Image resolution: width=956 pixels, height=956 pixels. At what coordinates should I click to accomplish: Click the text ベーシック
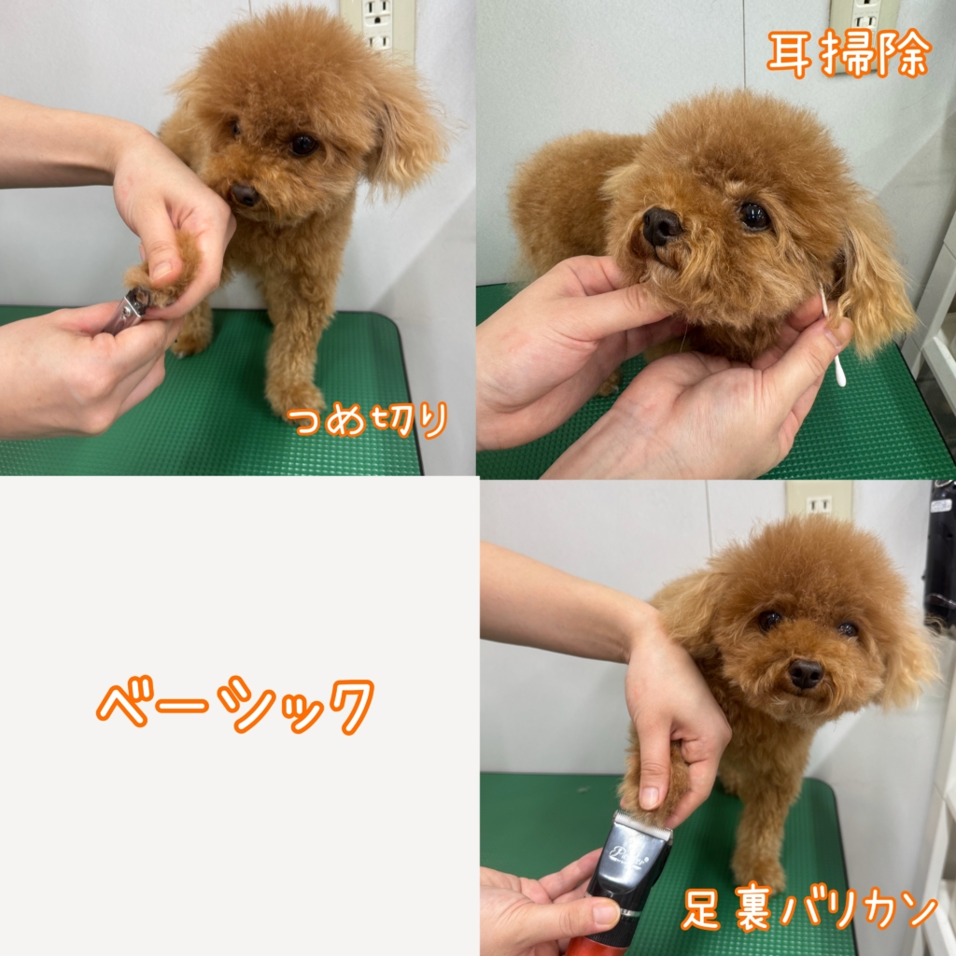(235, 705)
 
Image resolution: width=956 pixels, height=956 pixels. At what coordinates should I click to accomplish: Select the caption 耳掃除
(850, 53)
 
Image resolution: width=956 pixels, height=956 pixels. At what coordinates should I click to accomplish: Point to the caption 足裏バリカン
(809, 909)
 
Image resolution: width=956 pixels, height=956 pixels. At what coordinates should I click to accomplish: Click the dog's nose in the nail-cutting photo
(244, 194)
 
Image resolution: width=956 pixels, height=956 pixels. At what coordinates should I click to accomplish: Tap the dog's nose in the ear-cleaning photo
(661, 226)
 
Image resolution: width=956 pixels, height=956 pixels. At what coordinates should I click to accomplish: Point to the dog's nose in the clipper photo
(806, 674)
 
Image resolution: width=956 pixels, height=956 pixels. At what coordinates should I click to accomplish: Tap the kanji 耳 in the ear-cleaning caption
(791, 53)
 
